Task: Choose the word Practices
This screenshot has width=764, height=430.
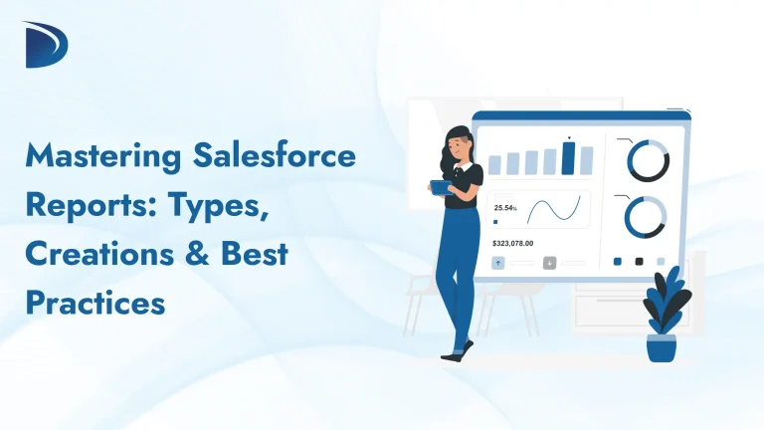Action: click(x=95, y=302)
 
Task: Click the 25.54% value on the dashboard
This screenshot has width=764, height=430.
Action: click(x=505, y=208)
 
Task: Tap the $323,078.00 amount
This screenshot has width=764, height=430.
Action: click(x=513, y=243)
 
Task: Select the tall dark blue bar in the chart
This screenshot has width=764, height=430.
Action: click(x=568, y=157)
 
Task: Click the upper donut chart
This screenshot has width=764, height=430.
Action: click(x=647, y=159)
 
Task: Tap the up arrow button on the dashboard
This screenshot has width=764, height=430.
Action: click(x=499, y=263)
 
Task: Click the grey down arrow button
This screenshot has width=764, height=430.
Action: click(x=549, y=263)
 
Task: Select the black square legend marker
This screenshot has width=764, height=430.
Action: click(x=639, y=262)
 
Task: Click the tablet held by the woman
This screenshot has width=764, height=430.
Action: click(x=439, y=186)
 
